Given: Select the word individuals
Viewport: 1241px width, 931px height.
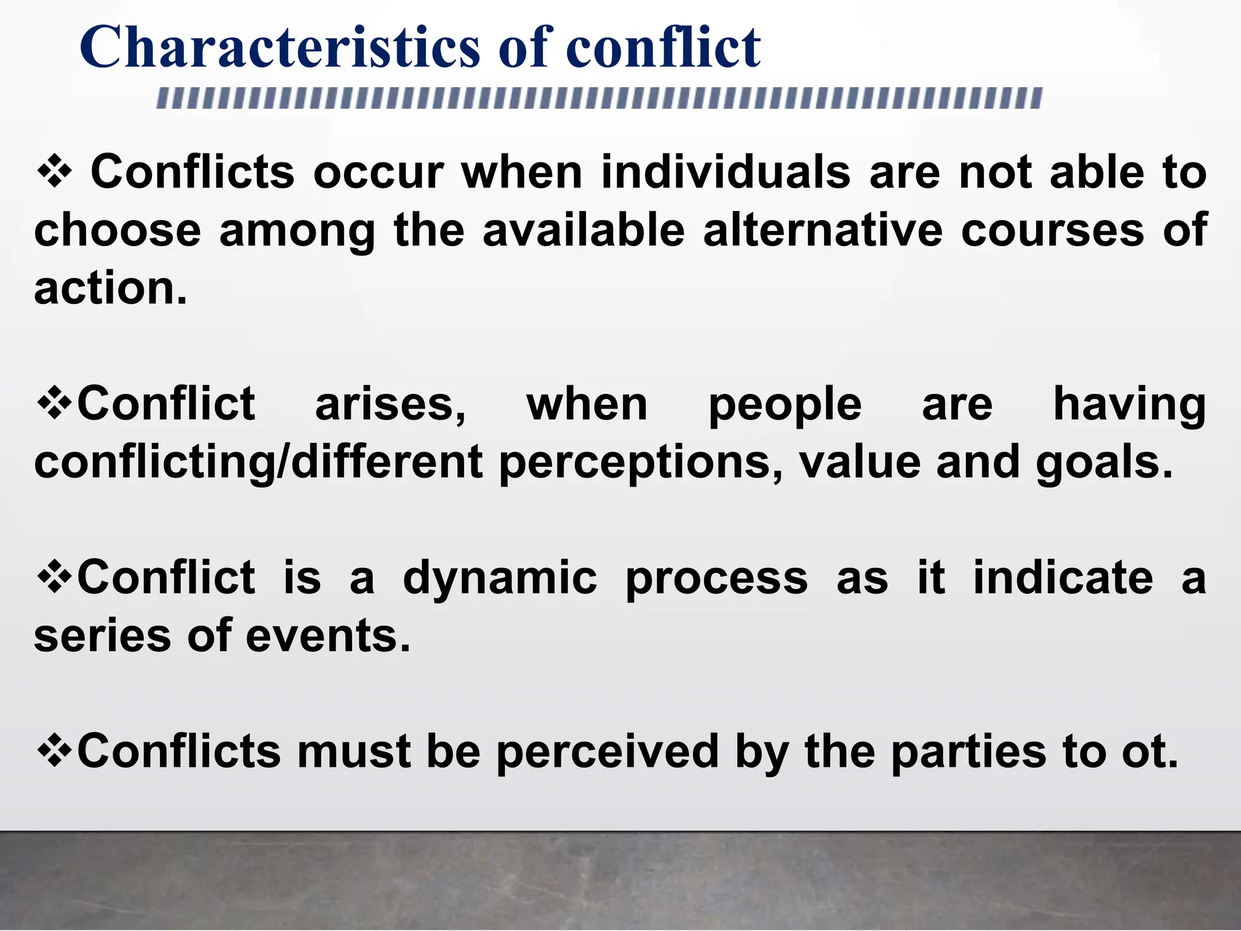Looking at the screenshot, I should pos(726,173).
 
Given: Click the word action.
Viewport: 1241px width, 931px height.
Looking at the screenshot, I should pos(110,288).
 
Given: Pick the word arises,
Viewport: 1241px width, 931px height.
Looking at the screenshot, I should pos(391,405).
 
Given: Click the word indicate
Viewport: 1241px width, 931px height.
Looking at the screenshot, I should pos(1063,578).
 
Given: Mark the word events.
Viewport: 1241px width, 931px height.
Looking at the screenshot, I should pos(328,636).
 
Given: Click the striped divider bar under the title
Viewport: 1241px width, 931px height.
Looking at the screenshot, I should pos(599,98).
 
